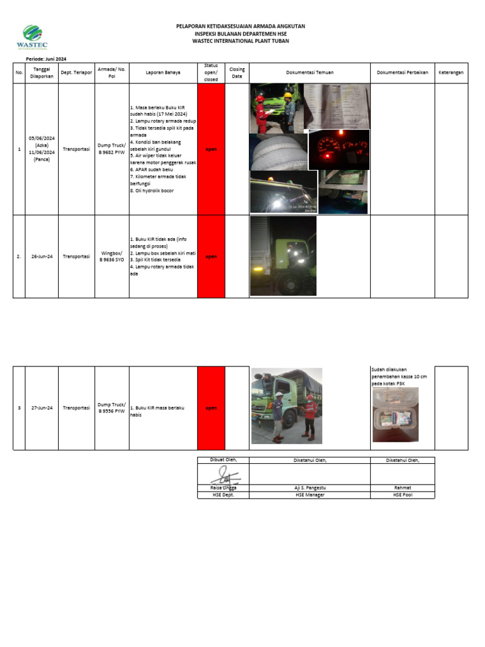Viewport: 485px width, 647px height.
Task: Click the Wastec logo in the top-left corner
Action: (x=32, y=37)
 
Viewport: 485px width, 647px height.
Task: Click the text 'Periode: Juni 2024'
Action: (x=46, y=59)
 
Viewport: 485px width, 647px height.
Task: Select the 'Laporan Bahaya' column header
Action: (x=163, y=73)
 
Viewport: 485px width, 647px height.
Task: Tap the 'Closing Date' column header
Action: (x=237, y=73)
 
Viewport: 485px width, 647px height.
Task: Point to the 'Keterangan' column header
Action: (x=451, y=73)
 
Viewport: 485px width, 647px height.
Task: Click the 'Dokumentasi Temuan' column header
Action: (x=309, y=73)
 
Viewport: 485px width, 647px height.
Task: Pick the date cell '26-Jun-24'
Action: (x=42, y=257)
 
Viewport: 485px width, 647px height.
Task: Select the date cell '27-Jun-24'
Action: (x=42, y=408)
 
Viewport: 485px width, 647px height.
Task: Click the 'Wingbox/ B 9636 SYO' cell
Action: (x=112, y=257)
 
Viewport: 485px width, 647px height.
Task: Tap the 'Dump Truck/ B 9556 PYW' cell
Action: (x=112, y=408)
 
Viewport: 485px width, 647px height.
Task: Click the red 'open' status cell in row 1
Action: (x=211, y=149)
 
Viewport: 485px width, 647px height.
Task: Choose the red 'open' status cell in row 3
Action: (x=211, y=408)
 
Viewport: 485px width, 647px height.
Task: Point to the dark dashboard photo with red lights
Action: (x=339, y=150)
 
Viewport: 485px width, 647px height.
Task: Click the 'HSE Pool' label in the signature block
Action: (x=402, y=495)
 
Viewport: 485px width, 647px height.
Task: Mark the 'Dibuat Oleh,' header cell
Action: (x=223, y=460)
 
